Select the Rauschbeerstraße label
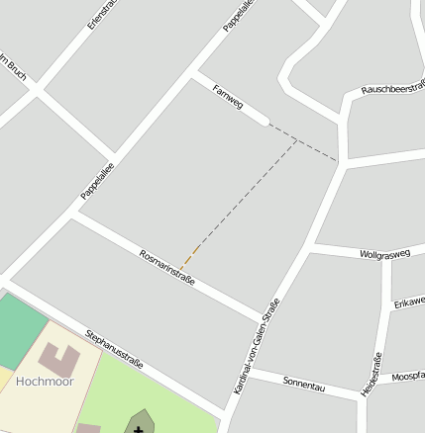click(393, 87)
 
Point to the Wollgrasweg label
click(384, 254)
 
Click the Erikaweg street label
click(408, 301)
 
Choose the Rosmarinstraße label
click(166, 267)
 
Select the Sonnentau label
click(304, 385)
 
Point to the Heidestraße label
click(372, 375)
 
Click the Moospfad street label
click(407, 378)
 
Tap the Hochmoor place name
click(45, 381)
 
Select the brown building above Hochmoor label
click(57, 359)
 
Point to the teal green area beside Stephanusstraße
click(20, 326)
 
